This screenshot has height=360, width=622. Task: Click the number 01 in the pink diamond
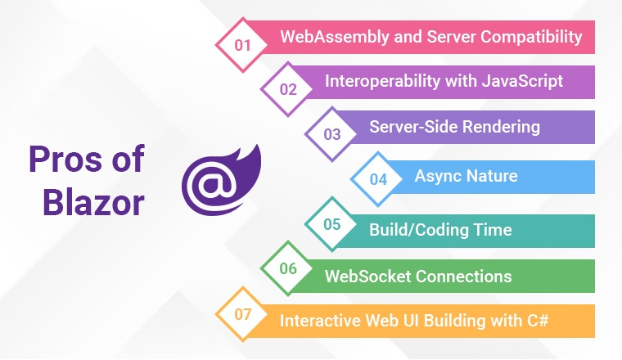pos(242,45)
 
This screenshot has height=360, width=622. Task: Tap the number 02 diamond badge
pos(288,89)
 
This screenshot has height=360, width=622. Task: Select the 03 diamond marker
pos(332,134)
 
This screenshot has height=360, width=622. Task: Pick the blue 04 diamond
pos(378,179)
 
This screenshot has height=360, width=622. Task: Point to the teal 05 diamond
pos(332,224)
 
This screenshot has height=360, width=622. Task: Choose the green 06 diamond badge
pos(288,268)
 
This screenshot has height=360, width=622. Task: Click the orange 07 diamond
pos(242,314)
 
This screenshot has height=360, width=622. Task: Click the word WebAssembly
pos(335,37)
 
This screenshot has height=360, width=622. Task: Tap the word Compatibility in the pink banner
pos(531,37)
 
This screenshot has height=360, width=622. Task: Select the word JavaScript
pos(522,81)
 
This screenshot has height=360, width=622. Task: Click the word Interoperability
pos(382,81)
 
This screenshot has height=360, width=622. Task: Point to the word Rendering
pos(501,128)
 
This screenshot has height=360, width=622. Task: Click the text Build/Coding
pos(418,230)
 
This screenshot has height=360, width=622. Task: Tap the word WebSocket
pos(367,277)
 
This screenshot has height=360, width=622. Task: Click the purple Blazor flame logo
pos(221,180)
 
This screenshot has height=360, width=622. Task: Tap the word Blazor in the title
pos(93,203)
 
